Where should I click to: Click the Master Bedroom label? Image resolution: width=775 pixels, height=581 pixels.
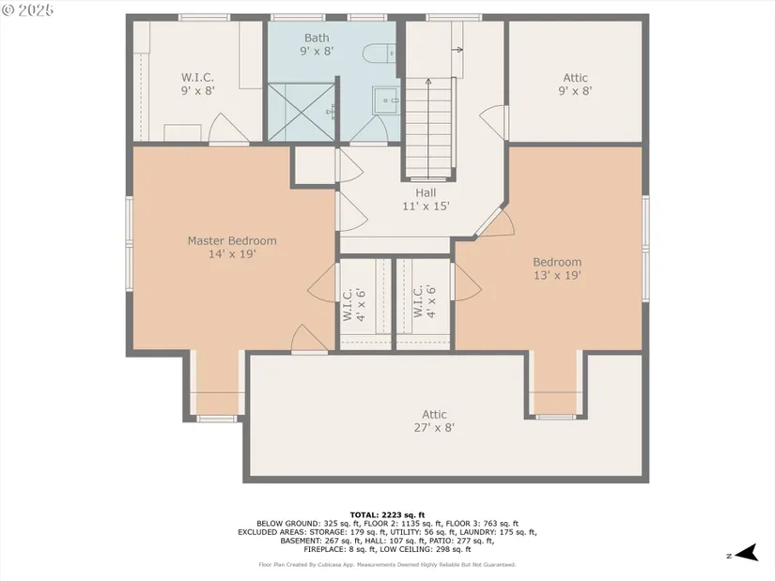point(232,247)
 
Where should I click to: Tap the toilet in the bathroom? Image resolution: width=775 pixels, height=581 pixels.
point(379,53)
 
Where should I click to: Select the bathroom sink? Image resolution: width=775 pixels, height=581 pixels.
point(385,100)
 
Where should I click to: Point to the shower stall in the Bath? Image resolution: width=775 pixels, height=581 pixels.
point(302,112)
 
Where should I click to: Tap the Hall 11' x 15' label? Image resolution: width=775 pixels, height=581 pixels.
point(426,199)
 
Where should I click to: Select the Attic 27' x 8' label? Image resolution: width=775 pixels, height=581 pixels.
point(434,420)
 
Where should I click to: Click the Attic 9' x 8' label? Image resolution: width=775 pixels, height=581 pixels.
point(575,84)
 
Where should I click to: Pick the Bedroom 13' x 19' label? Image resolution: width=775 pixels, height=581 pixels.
point(557,268)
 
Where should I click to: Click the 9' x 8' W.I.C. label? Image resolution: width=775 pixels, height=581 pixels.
point(197,84)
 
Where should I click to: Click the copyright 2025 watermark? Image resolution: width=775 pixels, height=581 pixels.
point(27,10)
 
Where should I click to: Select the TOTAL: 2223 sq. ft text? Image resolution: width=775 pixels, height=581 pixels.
point(387,514)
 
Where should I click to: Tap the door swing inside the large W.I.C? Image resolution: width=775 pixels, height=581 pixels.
point(227,129)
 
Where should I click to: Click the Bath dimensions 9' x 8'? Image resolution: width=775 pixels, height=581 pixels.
point(317,51)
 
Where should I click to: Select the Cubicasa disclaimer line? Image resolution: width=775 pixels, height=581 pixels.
point(387,564)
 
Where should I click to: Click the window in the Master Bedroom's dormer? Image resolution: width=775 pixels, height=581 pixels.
point(216,419)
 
